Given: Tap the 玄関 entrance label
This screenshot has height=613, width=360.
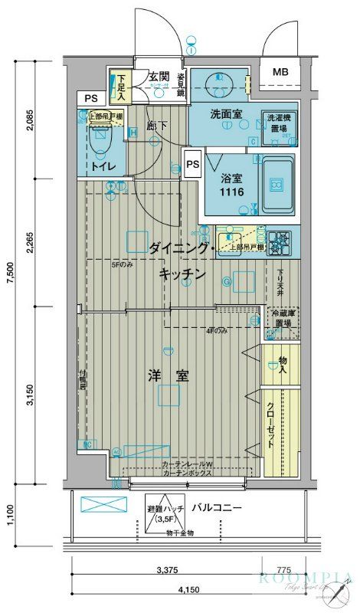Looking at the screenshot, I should pyautogui.click(x=158, y=77).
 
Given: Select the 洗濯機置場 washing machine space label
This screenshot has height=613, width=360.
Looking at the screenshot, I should pyautogui.click(x=278, y=123).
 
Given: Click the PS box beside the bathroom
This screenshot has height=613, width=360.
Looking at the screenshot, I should pyautogui.click(x=191, y=163).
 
